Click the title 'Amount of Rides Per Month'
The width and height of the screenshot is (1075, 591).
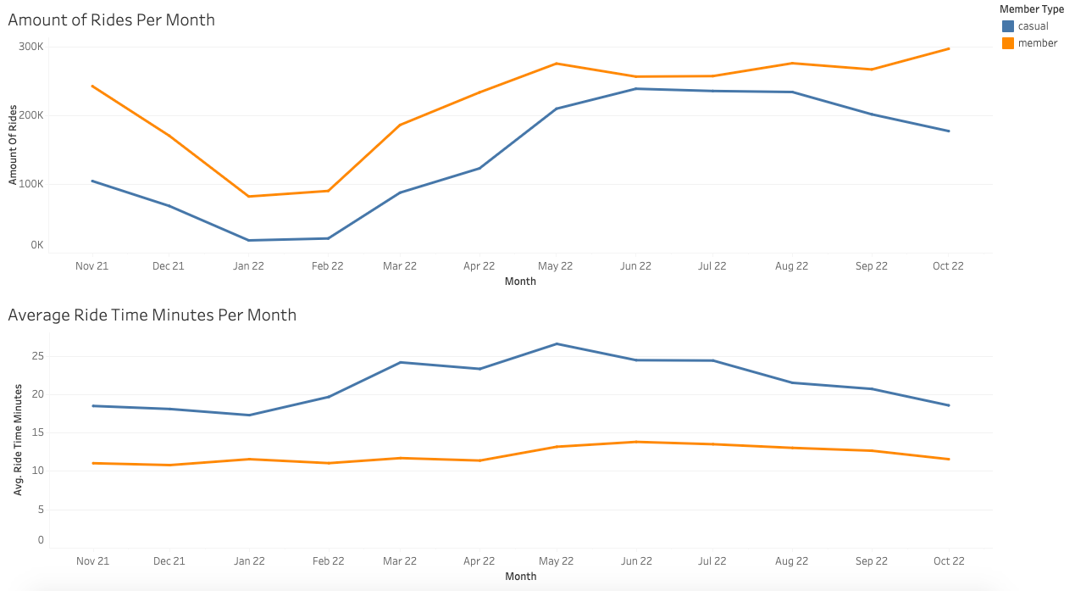111,20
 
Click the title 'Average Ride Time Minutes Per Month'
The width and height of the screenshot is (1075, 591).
152,315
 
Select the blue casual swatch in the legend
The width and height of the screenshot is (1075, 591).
1008,26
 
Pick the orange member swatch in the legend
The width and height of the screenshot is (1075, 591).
1008,43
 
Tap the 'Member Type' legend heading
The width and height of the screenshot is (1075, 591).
1032,9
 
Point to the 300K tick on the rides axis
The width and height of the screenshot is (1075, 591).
31,47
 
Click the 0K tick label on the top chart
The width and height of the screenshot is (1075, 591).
37,245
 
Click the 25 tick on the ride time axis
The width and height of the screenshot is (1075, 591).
38,356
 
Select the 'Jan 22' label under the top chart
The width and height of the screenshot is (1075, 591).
248,266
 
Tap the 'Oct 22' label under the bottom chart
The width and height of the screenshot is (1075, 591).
949,561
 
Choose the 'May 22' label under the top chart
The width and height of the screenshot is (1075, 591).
555,266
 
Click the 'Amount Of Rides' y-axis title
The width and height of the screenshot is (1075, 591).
13,145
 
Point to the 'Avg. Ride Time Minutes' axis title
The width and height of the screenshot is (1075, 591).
18,439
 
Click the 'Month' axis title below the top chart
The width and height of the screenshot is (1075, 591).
520,282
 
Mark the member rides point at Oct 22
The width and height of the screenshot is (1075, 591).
948,48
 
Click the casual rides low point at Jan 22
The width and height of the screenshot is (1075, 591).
248,240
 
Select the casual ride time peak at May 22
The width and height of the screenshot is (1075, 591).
557,344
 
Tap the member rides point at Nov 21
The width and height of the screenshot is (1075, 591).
92,86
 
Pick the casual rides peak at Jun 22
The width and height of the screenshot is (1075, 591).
636,89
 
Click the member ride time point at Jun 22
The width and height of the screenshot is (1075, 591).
636,442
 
